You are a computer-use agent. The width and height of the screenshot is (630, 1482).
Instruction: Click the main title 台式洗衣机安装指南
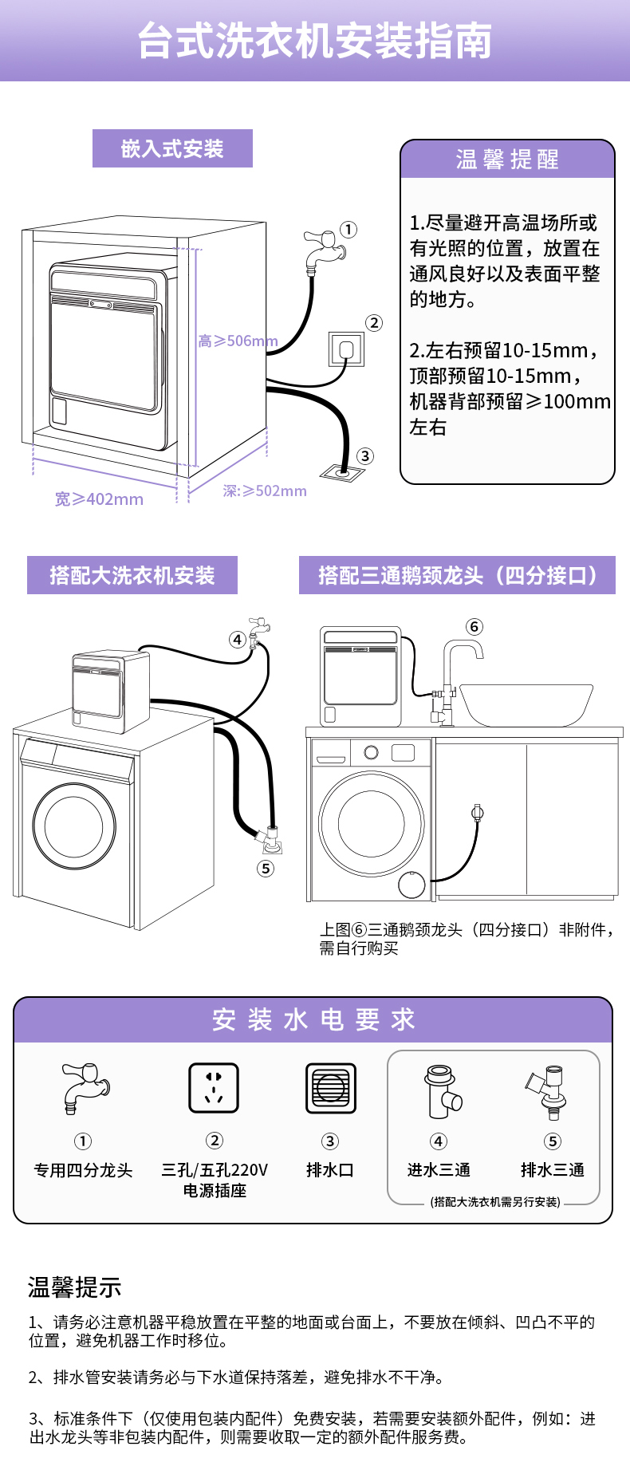[x=314, y=41]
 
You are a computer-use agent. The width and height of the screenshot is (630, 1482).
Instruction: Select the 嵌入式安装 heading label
[x=172, y=148]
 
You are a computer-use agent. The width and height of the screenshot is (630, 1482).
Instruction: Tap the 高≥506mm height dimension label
[x=238, y=341]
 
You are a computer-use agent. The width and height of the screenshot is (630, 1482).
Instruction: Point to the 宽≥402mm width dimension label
[x=99, y=499]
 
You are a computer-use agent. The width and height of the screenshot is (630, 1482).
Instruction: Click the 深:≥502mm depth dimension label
[x=265, y=491]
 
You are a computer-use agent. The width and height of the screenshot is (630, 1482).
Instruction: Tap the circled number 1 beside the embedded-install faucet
[x=348, y=230]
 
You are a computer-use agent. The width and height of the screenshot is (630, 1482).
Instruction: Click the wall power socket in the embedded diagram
[x=347, y=349]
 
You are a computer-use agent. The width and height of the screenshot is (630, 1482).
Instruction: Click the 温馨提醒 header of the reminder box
[x=507, y=160]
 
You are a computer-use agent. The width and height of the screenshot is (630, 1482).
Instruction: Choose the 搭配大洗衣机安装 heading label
[x=132, y=575]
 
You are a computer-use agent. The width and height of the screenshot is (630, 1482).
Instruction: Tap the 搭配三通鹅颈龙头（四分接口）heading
[x=457, y=575]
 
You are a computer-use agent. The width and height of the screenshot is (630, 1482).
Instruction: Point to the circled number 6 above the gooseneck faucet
[x=474, y=627]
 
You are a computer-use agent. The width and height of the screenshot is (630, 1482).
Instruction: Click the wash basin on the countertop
[x=526, y=704]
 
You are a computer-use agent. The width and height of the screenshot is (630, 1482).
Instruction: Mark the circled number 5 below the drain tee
[x=266, y=869]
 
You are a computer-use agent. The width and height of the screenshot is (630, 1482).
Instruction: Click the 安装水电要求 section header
[x=313, y=1019]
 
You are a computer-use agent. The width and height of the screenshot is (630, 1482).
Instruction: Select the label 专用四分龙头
[x=83, y=1170]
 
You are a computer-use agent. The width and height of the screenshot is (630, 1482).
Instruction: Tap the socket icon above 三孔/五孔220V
[x=214, y=1088]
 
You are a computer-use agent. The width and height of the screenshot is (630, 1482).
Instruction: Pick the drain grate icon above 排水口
[x=330, y=1088]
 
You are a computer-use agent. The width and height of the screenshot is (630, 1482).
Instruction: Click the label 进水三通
[x=439, y=1170]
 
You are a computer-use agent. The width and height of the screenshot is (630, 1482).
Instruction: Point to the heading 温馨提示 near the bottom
[x=75, y=1287]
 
